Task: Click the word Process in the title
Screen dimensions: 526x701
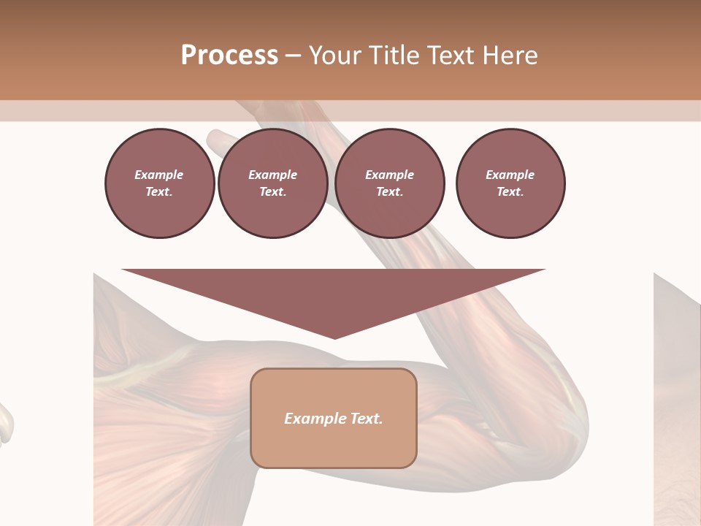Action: point(229,56)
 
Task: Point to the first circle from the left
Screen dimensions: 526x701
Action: point(159,183)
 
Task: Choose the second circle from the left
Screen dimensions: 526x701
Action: point(273,183)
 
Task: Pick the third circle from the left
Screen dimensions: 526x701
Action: point(389,183)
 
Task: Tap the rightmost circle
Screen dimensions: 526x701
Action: point(510,183)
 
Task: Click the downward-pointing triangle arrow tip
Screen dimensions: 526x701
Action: point(334,336)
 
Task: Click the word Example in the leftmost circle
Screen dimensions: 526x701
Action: point(159,175)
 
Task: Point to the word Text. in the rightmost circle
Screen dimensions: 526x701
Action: point(510,192)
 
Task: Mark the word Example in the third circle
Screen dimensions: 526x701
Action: point(389,175)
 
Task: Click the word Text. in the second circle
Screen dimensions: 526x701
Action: point(273,192)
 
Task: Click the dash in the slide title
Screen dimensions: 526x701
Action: point(294,56)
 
